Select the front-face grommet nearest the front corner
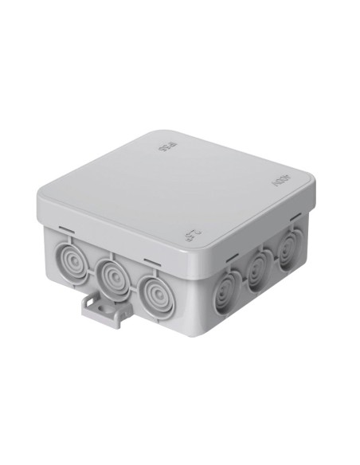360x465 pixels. tap(159, 292)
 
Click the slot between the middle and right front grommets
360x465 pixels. tap(152, 260)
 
